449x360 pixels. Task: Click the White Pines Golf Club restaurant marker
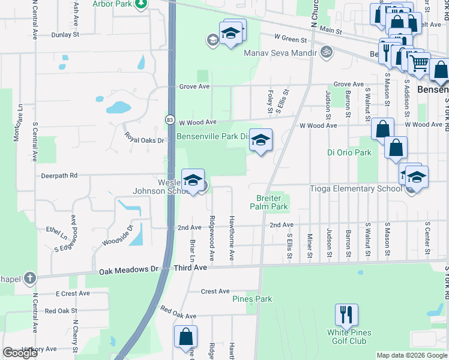click(x=346, y=314)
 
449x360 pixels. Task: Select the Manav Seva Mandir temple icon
click(x=327, y=52)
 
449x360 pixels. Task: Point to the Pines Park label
click(x=252, y=299)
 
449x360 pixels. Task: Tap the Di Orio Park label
click(x=349, y=152)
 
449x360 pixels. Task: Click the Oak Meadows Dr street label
click(x=127, y=270)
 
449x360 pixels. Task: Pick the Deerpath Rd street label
click(x=59, y=176)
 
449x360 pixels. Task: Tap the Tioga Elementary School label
click(x=355, y=188)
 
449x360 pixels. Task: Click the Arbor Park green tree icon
click(x=140, y=4)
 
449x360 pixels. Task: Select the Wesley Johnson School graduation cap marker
click(x=193, y=180)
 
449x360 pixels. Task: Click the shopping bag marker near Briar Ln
click(x=185, y=337)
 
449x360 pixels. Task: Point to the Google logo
click(x=20, y=353)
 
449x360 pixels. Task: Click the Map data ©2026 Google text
click(x=412, y=355)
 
